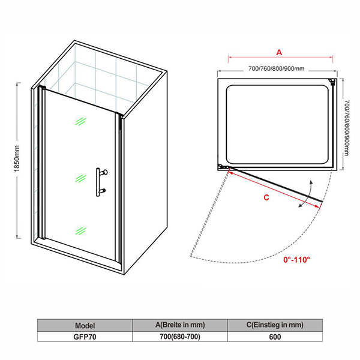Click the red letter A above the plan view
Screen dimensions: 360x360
pyautogui.click(x=279, y=53)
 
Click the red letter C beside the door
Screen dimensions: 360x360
pyautogui.click(x=266, y=197)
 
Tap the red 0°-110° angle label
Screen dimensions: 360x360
pyautogui.click(x=296, y=260)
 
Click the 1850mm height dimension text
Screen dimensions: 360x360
pyautogui.click(x=17, y=158)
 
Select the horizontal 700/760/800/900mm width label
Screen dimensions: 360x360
pyautogui.click(x=277, y=68)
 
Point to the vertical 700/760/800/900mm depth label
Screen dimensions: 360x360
pyautogui.click(x=347, y=128)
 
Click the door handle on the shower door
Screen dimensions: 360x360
pyautogui.click(x=101, y=182)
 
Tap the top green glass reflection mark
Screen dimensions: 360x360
pyautogui.click(x=80, y=121)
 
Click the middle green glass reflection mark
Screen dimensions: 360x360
pyautogui.click(x=80, y=178)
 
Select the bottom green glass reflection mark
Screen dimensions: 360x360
pyautogui.click(x=80, y=231)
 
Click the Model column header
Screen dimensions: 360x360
pyautogui.click(x=85, y=326)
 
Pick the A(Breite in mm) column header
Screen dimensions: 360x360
pyautogui.click(x=180, y=325)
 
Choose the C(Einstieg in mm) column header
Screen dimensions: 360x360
pyautogui.click(x=275, y=325)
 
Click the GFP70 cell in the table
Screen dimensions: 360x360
pyautogui.click(x=85, y=337)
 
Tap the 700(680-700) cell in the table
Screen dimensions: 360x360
pyautogui.click(x=180, y=337)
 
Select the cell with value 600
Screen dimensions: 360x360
pyautogui.click(x=275, y=337)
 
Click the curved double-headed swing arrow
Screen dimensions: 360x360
pyautogui.click(x=306, y=194)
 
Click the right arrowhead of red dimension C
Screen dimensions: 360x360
pyautogui.click(x=317, y=207)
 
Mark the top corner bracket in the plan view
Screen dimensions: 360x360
pyautogui.click(x=332, y=82)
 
